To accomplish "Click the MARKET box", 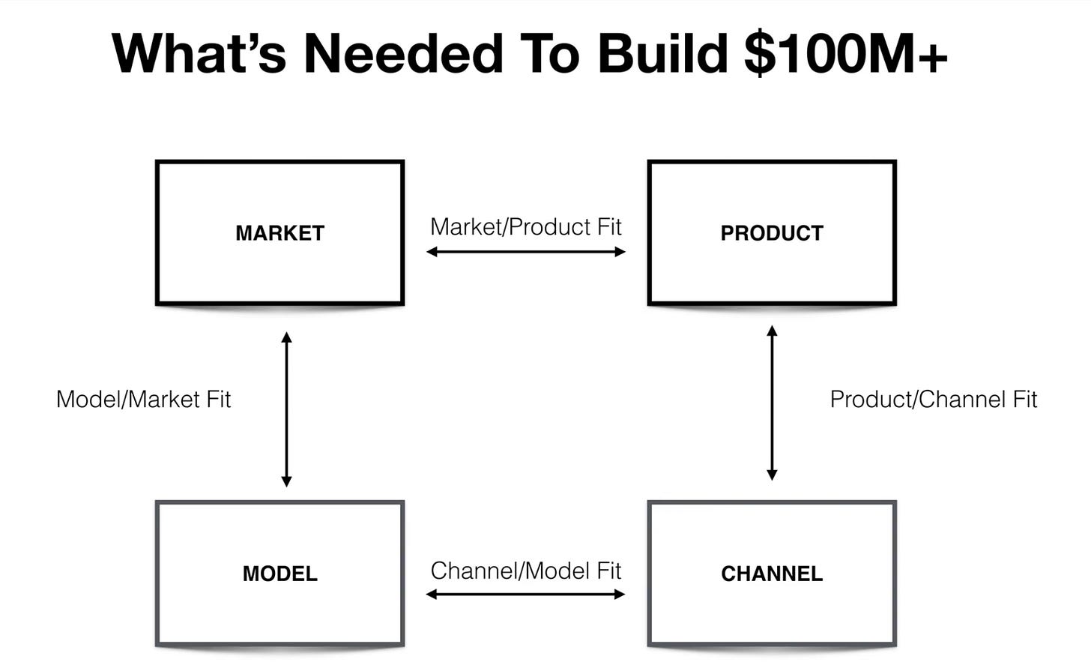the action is [x=279, y=232].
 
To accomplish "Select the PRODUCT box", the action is [x=772, y=232].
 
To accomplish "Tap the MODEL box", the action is [x=279, y=574].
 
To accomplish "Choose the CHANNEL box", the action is [x=772, y=574].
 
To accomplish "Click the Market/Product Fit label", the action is [x=526, y=226].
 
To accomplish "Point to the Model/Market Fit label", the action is [x=143, y=399].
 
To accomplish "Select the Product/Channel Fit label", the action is [x=933, y=399].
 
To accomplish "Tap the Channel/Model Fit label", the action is [x=526, y=571].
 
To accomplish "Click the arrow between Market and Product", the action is [x=526, y=252].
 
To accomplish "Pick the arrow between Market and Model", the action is [x=286, y=409].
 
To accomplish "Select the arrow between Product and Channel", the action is [x=772, y=403].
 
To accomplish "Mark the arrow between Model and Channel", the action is [x=526, y=595].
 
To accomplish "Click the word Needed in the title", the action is [x=402, y=54].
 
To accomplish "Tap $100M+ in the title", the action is [x=846, y=54].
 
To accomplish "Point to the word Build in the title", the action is [x=662, y=54].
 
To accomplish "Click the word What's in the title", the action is [x=199, y=54].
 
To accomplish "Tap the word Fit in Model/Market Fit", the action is [x=218, y=399].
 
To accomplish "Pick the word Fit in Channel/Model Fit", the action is [x=608, y=571].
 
